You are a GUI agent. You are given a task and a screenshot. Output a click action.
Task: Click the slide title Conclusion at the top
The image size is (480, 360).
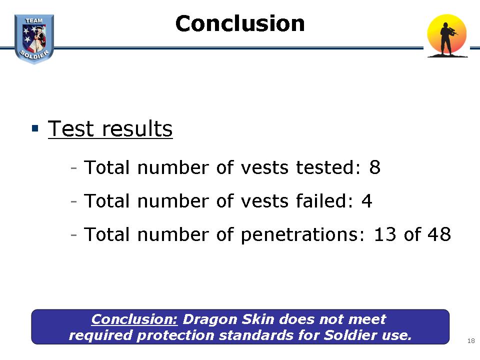pos(240,23)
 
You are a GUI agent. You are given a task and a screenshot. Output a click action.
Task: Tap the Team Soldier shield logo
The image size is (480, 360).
pos(34,39)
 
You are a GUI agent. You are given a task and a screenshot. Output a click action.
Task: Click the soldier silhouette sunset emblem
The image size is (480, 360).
pos(447,36)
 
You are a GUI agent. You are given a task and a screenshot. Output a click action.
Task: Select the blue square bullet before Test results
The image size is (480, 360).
pos(35,128)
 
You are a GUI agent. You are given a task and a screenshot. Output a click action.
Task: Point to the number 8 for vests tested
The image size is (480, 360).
pos(374,167)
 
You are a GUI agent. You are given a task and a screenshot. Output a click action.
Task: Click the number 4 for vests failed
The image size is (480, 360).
pos(366,201)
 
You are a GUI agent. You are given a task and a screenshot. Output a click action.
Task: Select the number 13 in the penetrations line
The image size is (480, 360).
pos(385,234)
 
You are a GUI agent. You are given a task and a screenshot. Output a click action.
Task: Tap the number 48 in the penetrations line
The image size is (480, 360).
pos(439,234)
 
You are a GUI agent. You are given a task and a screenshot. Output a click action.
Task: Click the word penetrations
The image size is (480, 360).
pos(303,235)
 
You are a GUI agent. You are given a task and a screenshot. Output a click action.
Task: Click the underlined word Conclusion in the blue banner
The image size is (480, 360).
pos(134,319)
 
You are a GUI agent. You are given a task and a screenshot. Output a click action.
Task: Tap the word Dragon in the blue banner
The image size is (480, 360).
pos(210,319)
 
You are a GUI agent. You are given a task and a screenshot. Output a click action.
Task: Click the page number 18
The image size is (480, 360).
pos(471,340)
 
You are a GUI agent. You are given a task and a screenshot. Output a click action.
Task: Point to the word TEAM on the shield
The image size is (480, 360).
pos(34,20)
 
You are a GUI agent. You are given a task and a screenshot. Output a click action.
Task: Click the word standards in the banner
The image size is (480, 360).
pos(256,335)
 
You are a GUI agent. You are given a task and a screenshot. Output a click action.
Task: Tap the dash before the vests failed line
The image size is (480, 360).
pos(73,201)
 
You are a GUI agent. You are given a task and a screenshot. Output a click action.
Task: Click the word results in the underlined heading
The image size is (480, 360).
pos(137,128)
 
